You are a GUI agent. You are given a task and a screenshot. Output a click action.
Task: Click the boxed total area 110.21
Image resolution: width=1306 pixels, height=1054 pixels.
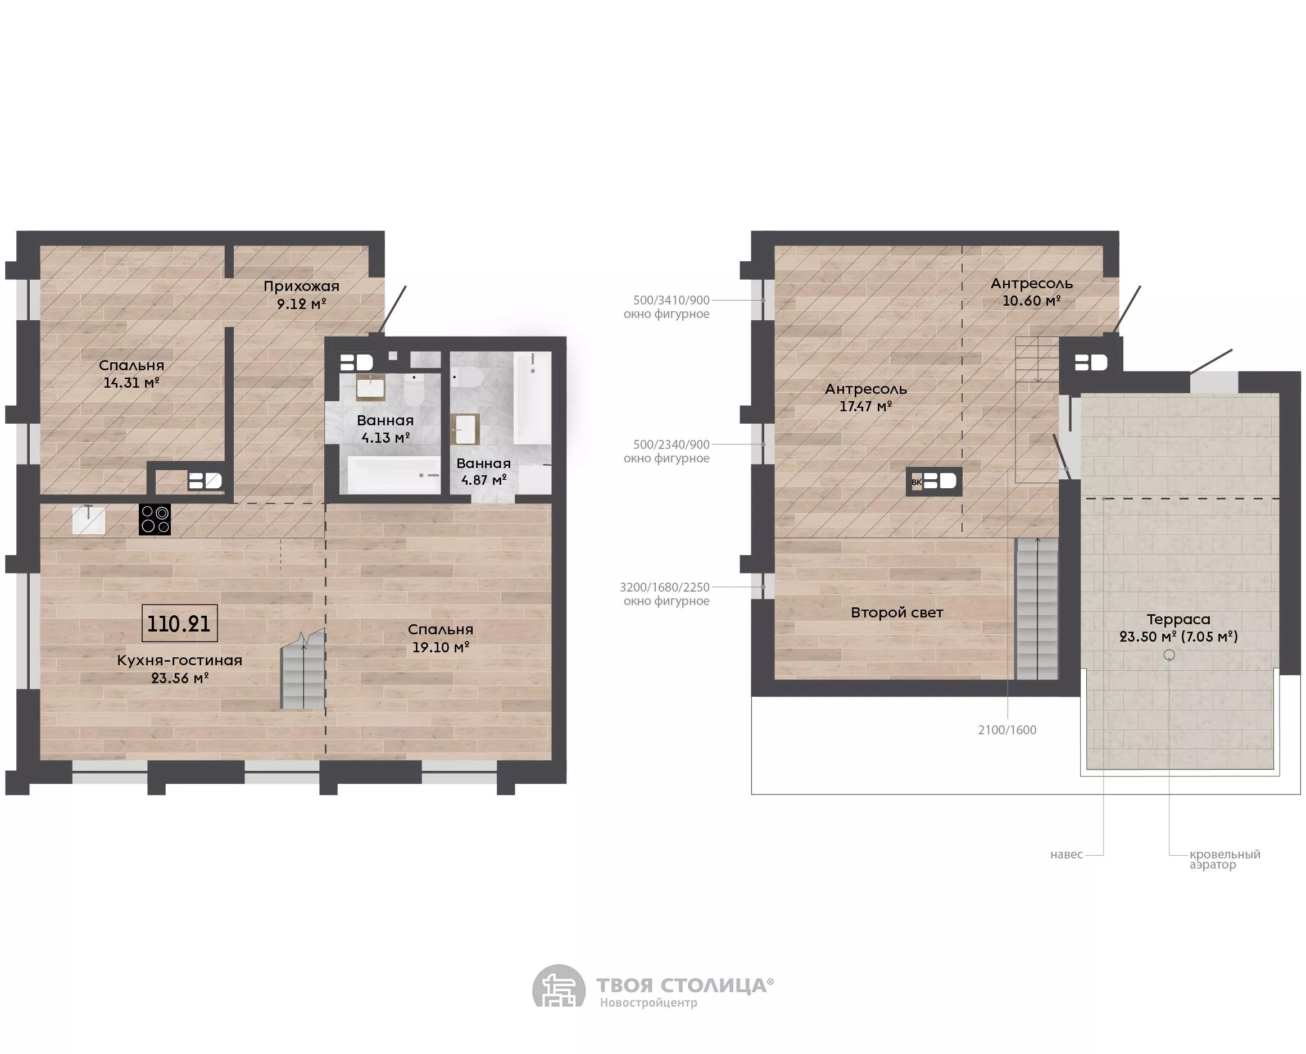click(x=179, y=624)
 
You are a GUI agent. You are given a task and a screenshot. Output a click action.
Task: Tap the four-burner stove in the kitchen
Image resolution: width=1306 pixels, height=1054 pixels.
click(x=155, y=520)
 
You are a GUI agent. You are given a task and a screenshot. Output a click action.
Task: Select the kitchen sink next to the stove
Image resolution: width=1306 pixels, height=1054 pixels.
click(x=89, y=520)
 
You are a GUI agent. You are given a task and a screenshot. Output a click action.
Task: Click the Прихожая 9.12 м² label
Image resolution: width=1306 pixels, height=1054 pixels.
click(x=301, y=294)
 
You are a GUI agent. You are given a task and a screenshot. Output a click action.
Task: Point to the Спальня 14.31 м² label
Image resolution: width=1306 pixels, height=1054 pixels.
click(x=131, y=374)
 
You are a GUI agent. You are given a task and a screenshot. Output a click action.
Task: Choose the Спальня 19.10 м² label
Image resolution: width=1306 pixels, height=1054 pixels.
click(x=441, y=638)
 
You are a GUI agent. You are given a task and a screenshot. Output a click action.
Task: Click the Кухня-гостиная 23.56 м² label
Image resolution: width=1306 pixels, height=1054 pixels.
click(x=180, y=669)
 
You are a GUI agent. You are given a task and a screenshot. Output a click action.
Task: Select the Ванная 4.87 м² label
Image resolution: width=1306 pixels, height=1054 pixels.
click(x=483, y=472)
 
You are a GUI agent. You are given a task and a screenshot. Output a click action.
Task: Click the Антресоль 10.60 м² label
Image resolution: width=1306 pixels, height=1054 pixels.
click(x=1032, y=292)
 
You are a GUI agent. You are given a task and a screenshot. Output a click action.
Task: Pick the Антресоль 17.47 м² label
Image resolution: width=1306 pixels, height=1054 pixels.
click(x=866, y=398)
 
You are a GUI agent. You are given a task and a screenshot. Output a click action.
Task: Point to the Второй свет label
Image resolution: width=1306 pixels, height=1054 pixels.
click(x=897, y=612)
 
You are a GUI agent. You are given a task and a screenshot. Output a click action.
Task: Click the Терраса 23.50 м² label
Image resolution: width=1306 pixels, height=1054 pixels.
click(x=1178, y=628)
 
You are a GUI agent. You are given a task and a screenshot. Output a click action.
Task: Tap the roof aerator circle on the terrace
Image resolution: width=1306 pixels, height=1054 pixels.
click(x=1169, y=655)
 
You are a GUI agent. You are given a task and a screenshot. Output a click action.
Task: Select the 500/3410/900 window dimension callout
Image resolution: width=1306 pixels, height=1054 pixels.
click(x=666, y=307)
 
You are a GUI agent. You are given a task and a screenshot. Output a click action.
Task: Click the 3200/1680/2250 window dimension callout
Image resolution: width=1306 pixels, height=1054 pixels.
click(x=665, y=594)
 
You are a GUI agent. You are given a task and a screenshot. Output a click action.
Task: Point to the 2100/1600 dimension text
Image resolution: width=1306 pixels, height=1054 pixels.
click(x=1007, y=730)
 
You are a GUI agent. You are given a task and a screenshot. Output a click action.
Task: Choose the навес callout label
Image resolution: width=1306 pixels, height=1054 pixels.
click(x=1067, y=854)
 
